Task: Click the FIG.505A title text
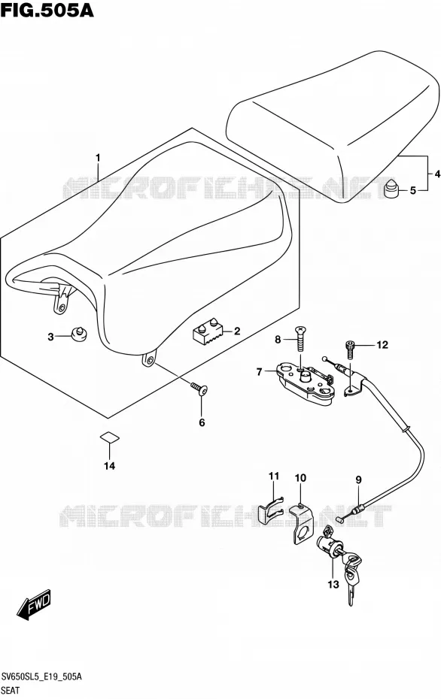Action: pos(47,10)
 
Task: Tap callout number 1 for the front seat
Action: pos(98,159)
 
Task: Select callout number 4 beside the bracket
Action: pos(436,174)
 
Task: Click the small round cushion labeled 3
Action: pos(78,334)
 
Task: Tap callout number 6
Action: pos(202,422)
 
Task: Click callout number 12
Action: pos(382,344)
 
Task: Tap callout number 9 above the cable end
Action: pos(358,480)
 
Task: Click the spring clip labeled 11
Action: pos(271,509)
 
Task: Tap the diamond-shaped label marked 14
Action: pos(109,437)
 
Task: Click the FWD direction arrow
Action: pos(35,605)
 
